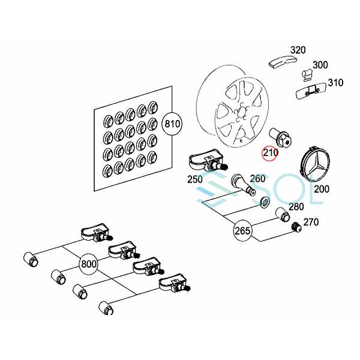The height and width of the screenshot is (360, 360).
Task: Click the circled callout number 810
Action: (172, 124)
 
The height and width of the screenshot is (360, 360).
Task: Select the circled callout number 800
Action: (88, 264)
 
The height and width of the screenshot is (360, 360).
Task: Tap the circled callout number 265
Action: (242, 230)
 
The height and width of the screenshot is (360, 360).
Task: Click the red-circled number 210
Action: (271, 152)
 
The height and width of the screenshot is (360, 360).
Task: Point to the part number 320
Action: (298, 50)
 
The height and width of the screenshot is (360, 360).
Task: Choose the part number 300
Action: (320, 65)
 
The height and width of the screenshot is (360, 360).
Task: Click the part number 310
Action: (335, 82)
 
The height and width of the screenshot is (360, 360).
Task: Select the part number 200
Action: (322, 189)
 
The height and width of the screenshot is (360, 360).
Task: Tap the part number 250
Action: (195, 179)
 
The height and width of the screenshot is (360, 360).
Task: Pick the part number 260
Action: (257, 178)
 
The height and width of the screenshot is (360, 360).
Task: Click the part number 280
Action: (296, 206)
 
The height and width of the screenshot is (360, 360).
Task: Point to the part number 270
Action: (311, 222)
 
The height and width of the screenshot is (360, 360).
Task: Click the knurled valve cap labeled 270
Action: (297, 227)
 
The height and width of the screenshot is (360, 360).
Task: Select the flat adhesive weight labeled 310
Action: (311, 91)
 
